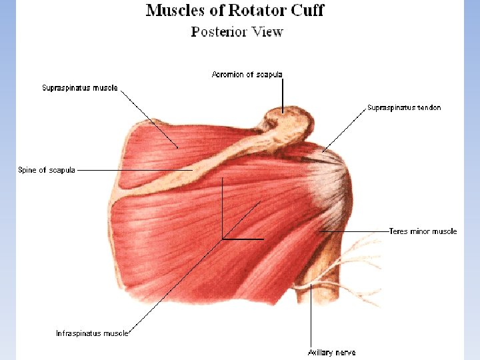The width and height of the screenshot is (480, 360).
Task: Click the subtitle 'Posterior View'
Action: (237, 32)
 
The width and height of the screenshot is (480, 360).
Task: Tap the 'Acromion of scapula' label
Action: (247, 75)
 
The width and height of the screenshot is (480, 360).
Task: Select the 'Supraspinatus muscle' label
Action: (80, 88)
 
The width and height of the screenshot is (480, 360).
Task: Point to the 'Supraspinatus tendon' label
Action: (404, 107)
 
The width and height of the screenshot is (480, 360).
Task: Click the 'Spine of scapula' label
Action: (47, 170)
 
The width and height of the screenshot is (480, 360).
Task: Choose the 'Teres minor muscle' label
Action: (423, 231)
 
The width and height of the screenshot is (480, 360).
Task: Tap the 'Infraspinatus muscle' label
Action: (92, 333)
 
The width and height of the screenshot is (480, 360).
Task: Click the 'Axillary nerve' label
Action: (331, 352)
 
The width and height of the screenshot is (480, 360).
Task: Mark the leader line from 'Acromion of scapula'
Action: (283, 93)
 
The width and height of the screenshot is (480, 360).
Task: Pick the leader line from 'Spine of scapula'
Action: (133, 170)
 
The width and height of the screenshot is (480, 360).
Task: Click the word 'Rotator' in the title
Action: (257, 11)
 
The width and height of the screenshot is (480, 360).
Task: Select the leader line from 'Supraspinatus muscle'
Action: (150, 118)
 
